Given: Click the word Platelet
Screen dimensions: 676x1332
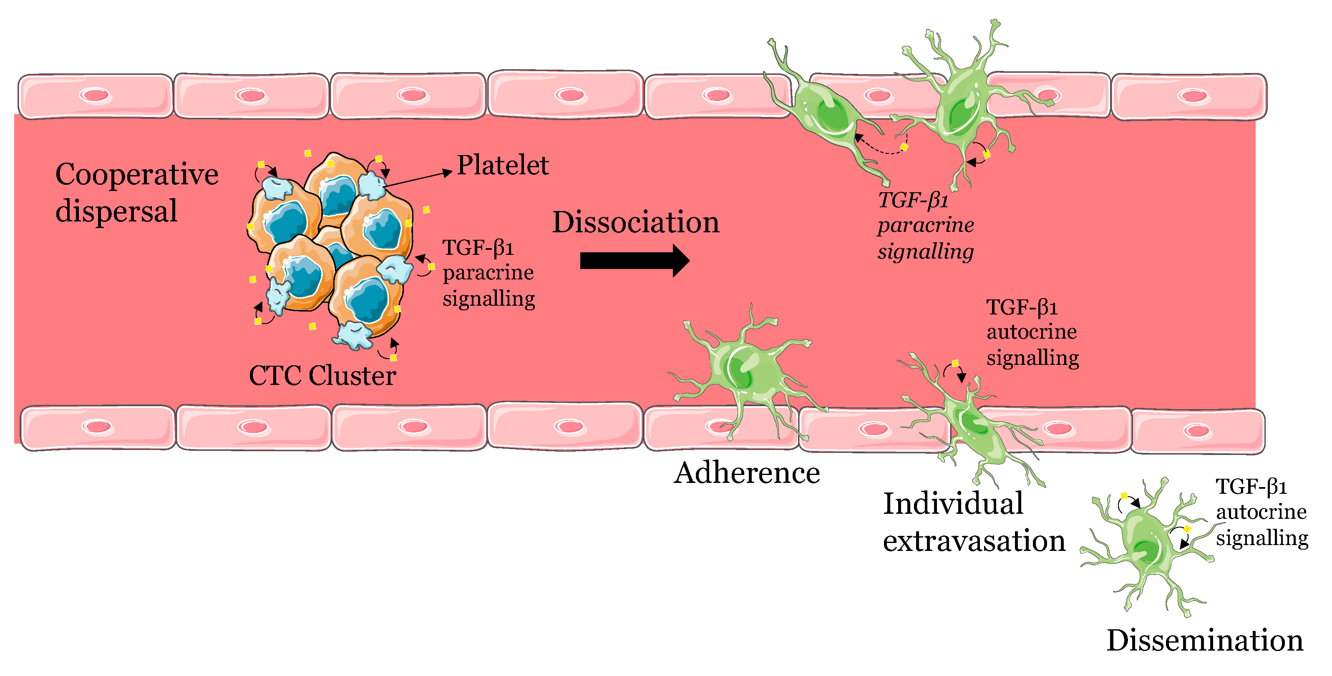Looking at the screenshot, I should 502,166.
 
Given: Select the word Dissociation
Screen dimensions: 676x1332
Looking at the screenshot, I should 635,222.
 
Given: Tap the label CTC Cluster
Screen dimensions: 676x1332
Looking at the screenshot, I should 322,375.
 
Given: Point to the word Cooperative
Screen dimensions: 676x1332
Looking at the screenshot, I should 136,175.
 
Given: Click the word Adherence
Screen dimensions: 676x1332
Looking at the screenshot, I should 746,473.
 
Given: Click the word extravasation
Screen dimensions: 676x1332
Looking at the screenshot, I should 974,541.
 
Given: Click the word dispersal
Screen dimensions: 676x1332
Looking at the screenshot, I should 116,211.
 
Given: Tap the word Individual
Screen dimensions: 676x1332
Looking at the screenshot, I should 952,503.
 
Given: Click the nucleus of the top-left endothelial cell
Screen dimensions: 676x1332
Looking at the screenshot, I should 95,95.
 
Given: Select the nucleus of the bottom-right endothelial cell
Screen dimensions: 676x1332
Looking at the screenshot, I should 1197,430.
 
